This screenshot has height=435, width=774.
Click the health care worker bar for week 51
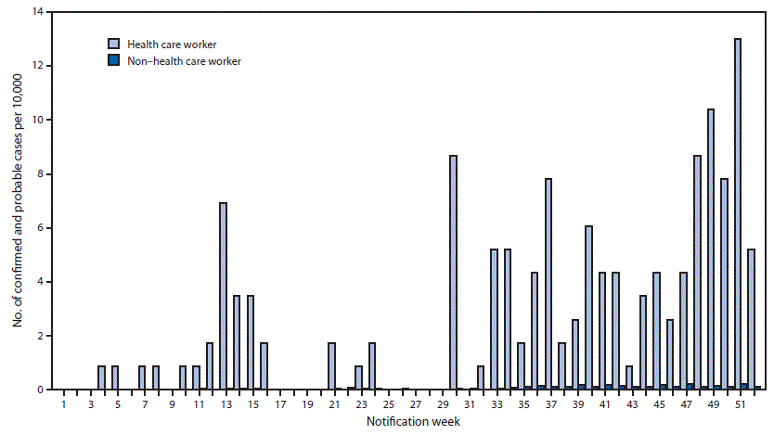tap(737, 214)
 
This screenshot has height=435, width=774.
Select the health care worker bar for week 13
tap(223, 296)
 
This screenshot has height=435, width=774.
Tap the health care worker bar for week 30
tap(453, 273)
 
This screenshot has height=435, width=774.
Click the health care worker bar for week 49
tap(710, 249)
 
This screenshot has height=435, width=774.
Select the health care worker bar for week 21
tap(331, 366)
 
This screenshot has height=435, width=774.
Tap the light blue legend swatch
tap(113, 44)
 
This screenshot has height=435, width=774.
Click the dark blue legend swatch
tap(113, 60)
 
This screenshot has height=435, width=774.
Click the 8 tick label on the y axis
tap(39, 173)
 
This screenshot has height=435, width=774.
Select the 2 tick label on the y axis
tap(39, 336)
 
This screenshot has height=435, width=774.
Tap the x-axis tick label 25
tap(388, 405)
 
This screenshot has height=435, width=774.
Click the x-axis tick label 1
tap(63, 405)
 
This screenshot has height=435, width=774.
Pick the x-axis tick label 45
tap(659, 405)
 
